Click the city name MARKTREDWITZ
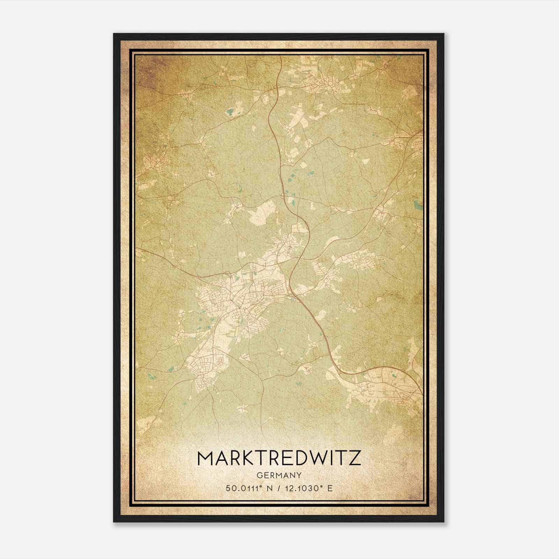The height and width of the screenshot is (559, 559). [x=279, y=458]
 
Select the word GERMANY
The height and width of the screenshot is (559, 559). [x=279, y=475]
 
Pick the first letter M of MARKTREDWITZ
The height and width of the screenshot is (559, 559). [x=205, y=458]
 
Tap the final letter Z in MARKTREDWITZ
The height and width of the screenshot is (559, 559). [x=354, y=458]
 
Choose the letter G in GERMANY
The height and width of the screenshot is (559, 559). [x=259, y=475]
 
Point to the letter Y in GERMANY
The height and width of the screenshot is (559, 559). [x=299, y=475]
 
